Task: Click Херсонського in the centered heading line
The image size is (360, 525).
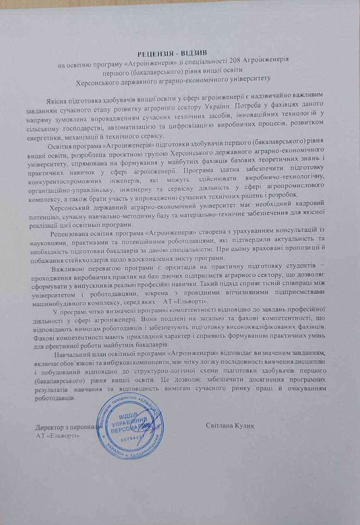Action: point(103,78)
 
